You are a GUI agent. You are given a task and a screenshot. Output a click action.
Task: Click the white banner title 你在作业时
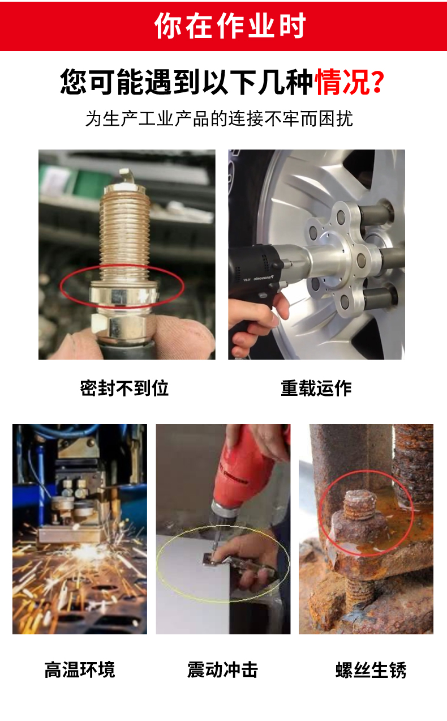coord(230,25)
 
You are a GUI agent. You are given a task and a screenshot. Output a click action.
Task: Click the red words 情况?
coord(350,82)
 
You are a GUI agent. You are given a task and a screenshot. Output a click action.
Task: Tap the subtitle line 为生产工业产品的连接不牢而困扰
coord(220,119)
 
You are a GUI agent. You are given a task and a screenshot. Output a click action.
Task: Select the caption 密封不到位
coord(124,388)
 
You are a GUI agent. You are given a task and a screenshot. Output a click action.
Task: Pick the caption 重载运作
coord(316,388)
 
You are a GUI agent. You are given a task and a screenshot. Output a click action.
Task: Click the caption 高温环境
coord(80,670)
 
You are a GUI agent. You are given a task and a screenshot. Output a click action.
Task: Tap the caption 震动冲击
coord(222,670)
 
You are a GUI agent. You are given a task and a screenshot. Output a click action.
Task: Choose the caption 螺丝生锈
coord(371,670)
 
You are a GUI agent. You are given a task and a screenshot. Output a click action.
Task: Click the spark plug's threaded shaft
coord(125,235)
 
